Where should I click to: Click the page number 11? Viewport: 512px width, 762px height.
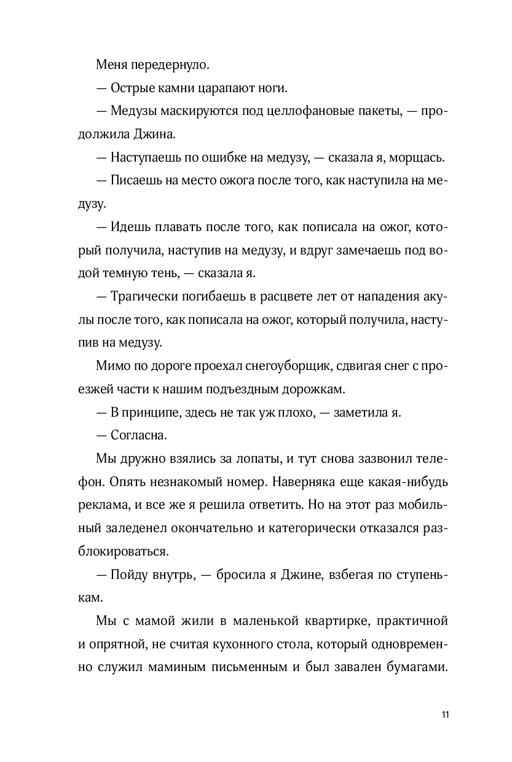[446, 715]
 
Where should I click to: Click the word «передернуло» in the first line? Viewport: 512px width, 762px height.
[165, 65]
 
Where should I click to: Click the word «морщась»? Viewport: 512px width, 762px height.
[416, 158]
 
